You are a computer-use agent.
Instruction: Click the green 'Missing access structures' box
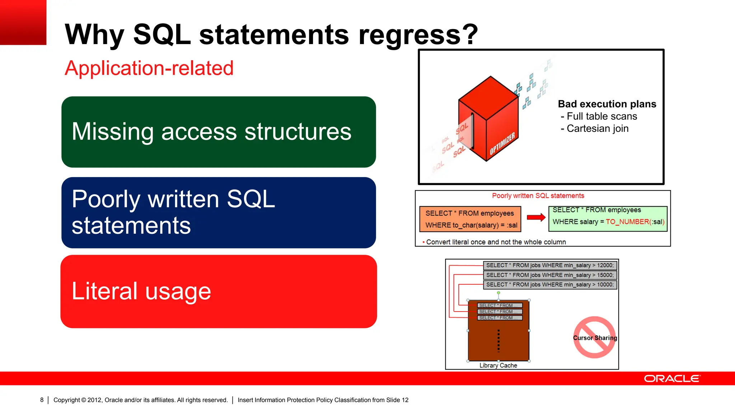219,132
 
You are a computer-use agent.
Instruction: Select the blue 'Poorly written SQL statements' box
219,212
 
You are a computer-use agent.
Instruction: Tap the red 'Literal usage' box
219,291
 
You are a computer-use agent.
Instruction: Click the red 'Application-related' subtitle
149,68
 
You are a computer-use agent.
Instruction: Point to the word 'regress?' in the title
418,34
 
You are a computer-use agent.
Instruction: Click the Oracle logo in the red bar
672,379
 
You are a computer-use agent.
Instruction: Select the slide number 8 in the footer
42,400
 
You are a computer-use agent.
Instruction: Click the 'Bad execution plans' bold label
607,104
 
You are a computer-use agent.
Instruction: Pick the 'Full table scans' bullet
602,116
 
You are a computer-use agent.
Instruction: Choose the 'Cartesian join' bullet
598,128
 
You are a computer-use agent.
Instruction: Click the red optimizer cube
488,118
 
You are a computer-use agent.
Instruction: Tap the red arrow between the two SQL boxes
536,217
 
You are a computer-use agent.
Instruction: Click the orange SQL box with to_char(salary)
470,219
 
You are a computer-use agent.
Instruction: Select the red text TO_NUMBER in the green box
627,222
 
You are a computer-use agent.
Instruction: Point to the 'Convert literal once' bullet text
496,242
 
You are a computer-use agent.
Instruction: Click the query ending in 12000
550,265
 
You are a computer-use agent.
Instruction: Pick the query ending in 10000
550,285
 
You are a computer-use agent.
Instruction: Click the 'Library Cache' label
498,365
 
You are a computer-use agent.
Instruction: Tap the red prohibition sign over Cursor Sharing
595,337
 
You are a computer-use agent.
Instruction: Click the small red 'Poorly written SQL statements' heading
538,196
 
